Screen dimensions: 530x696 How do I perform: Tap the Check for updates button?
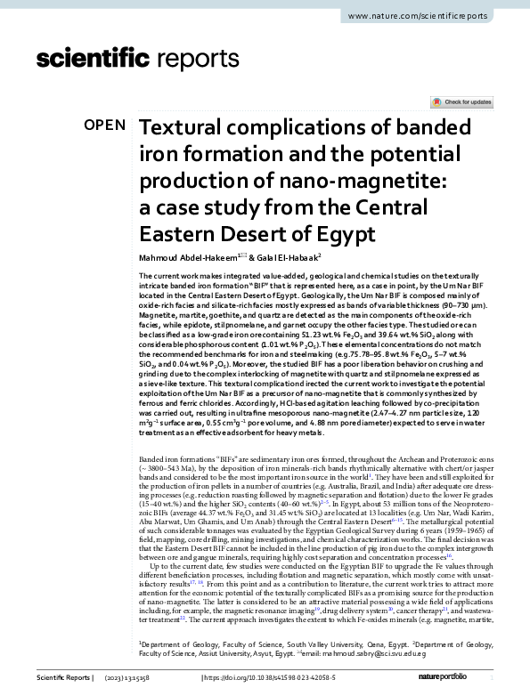(461, 102)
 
